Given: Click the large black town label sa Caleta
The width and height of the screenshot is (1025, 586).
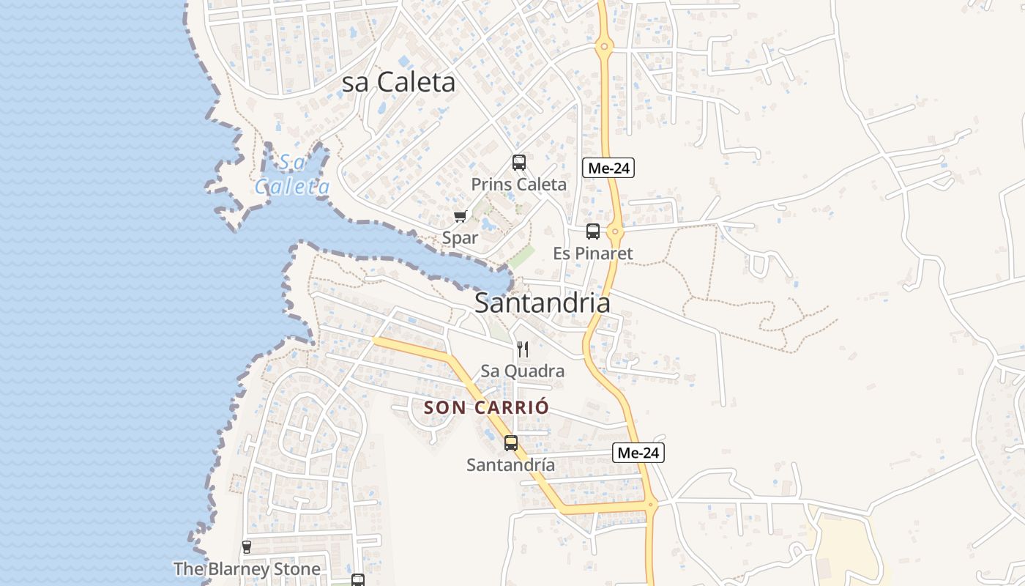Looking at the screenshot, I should (399, 83).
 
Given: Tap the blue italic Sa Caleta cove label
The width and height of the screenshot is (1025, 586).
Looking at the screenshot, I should (293, 175).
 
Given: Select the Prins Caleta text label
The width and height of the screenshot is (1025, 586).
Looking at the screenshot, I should (518, 185).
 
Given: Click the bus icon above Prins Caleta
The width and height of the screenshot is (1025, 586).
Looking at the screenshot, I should (519, 163).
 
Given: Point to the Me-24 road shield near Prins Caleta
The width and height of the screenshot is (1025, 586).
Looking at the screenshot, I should (608, 168).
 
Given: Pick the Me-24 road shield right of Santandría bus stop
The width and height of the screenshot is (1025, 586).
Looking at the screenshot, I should (638, 453).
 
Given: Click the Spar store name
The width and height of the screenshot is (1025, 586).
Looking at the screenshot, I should (460, 238).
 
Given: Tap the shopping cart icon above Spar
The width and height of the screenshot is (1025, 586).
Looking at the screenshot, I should (460, 216).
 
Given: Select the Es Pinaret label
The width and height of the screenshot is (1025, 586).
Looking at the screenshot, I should (593, 253).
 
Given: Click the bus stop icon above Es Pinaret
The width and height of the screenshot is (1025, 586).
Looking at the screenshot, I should (593, 231).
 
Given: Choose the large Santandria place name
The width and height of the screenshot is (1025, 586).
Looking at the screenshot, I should (542, 303).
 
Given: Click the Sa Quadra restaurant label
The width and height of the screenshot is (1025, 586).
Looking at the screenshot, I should (522, 371).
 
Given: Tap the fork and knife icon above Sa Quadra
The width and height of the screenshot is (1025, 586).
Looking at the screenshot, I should (523, 349).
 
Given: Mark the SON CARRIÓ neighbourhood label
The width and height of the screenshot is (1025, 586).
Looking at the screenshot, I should (486, 407).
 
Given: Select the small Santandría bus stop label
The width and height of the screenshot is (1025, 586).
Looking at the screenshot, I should (510, 465).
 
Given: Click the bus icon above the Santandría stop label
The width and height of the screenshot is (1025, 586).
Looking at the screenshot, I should (511, 443).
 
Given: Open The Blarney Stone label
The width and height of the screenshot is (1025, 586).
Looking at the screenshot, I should (247, 569).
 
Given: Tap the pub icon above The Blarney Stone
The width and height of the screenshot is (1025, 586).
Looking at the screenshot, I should (247, 547).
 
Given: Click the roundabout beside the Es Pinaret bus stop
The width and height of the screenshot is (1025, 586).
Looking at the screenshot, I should (615, 232).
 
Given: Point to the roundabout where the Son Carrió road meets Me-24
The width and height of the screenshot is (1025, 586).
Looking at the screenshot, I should (651, 504).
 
